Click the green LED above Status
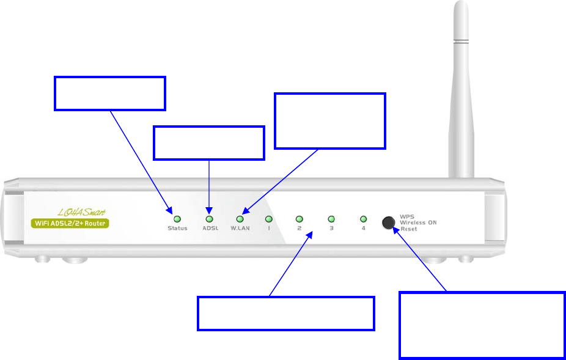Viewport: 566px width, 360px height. (x=177, y=218)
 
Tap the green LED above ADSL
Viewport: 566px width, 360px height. (x=209, y=218)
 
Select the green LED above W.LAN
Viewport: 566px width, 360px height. (x=240, y=218)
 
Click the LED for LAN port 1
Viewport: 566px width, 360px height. (x=268, y=218)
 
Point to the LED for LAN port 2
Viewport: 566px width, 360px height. (x=300, y=218)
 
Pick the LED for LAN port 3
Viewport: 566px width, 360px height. (x=331, y=218)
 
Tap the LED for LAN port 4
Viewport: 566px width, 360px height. (x=363, y=218)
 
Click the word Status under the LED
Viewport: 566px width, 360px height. (x=177, y=229)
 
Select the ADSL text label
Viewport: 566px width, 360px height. (x=210, y=229)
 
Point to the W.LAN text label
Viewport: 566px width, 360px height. (x=240, y=229)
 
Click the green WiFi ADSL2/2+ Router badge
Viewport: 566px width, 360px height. (x=69, y=223)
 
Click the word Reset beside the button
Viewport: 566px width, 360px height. (x=410, y=229)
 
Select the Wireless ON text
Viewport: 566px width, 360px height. (x=418, y=222)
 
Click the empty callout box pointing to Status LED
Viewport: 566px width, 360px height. (x=110, y=94)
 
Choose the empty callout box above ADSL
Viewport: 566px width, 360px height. (x=208, y=143)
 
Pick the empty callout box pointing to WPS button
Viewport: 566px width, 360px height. (x=482, y=325)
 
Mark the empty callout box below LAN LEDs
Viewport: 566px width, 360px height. (x=285, y=314)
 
